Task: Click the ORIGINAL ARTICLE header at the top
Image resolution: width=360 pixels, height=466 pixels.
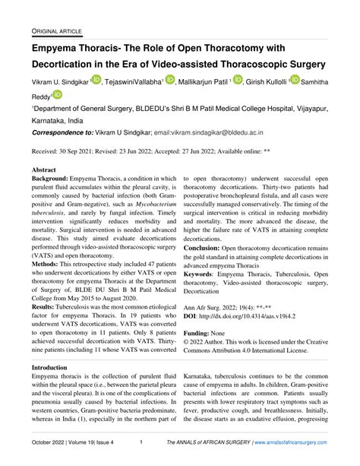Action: click(57, 30)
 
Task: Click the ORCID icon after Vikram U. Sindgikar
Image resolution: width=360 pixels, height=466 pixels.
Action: click(95, 80)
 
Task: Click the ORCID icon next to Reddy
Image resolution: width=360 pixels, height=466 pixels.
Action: click(57, 94)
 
